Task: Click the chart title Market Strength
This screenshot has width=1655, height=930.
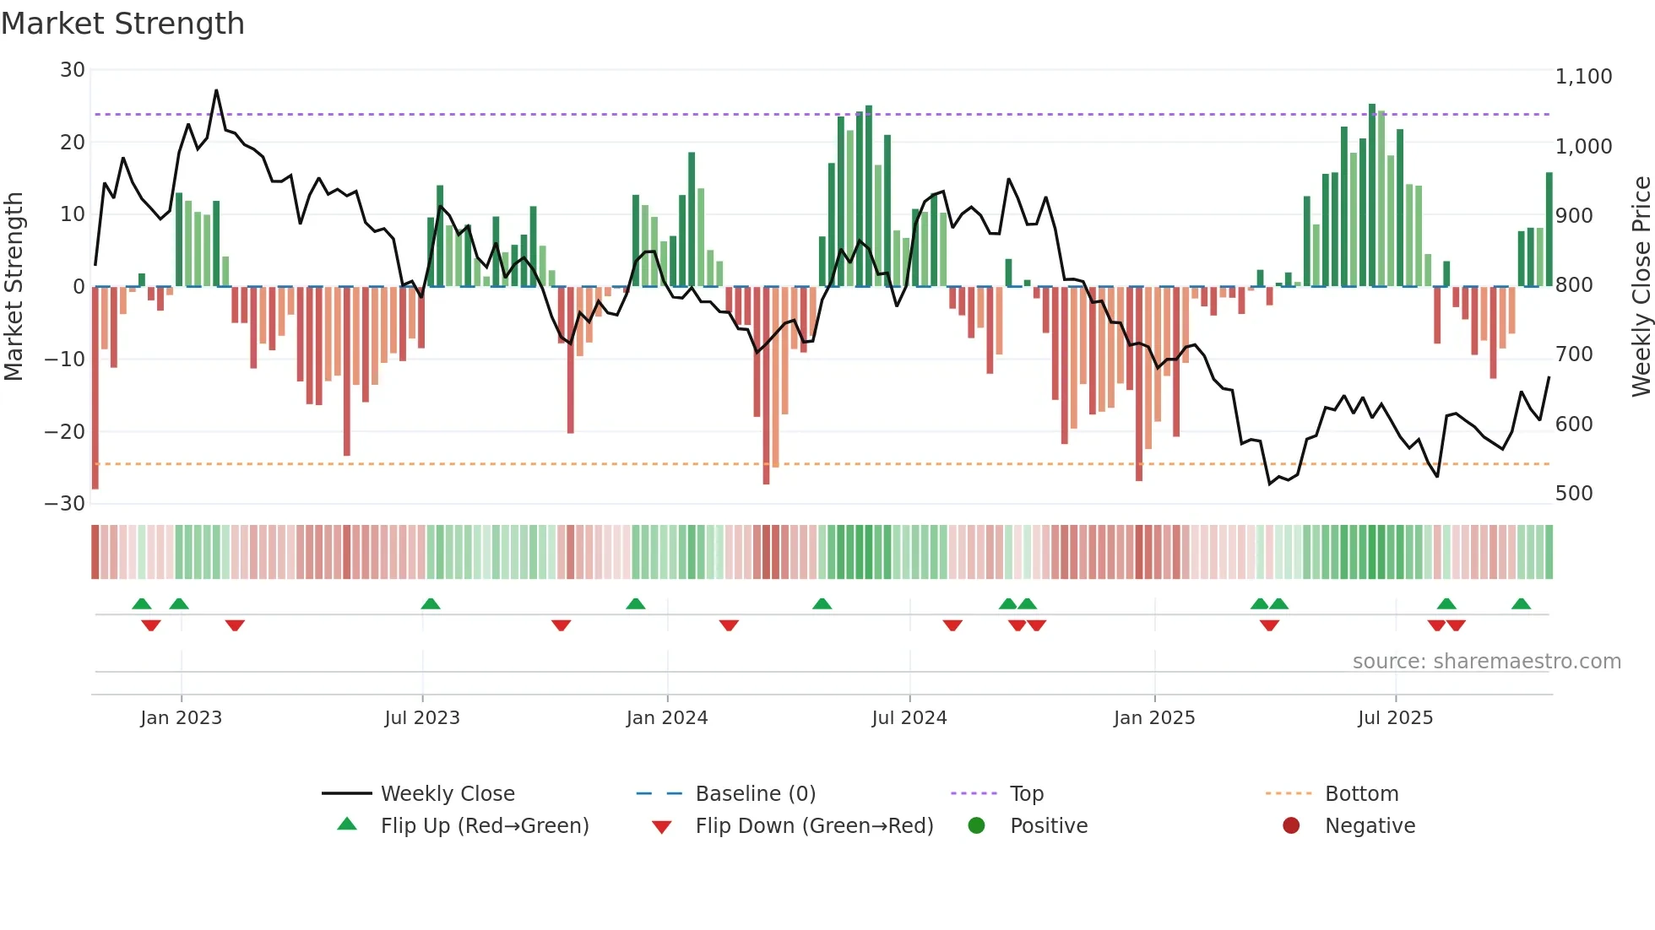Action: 122,24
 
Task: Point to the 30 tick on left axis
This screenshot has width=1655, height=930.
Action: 73,70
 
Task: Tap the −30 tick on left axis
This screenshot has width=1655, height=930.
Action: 65,504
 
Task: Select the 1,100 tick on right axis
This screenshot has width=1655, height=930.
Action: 1583,77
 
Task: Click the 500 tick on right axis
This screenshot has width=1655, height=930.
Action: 1574,494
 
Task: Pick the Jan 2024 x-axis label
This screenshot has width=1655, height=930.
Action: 667,718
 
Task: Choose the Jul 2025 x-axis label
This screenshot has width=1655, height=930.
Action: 1395,718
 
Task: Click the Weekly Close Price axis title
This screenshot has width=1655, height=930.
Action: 1641,287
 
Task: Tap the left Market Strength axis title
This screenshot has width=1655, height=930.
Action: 14,287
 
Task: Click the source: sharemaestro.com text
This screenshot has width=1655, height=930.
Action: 1486,662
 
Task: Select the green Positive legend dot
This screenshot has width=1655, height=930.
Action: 977,826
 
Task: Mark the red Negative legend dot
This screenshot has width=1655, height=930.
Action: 1291,826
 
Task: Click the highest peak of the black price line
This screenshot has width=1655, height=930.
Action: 216,90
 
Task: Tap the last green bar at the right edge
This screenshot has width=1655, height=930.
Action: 1549,230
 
